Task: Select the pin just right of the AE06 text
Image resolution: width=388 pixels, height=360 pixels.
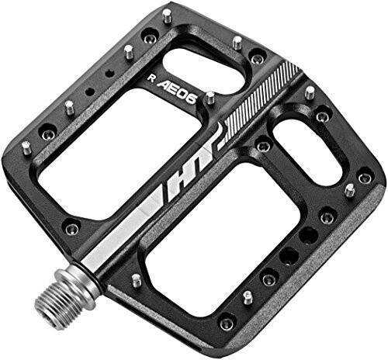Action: pos(209,98)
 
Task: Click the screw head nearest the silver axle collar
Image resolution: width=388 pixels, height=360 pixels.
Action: pos(72,227)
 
